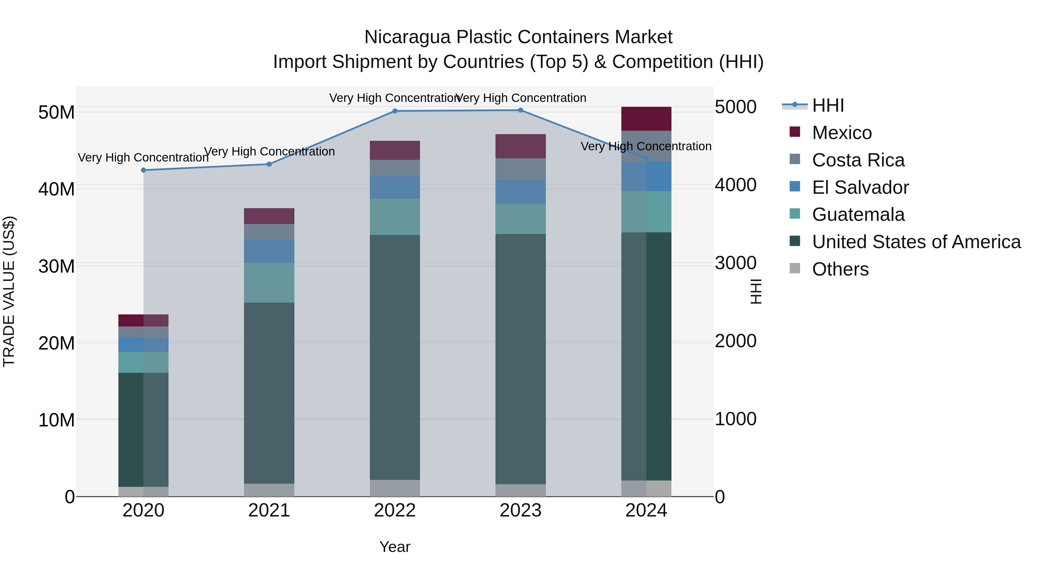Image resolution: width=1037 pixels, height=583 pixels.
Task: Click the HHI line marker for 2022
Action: click(395, 111)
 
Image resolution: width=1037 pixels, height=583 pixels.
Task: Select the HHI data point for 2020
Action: click(143, 170)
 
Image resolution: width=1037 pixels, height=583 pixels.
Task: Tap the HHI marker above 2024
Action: click(646, 159)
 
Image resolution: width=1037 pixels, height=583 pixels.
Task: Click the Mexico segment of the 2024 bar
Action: click(646, 119)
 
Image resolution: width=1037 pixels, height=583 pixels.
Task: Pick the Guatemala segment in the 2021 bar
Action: click(269, 282)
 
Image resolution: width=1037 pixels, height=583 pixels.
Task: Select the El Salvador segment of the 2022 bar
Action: click(395, 187)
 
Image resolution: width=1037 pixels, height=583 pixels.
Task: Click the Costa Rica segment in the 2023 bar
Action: click(520, 169)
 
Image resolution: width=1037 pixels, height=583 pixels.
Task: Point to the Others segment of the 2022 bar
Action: click(395, 488)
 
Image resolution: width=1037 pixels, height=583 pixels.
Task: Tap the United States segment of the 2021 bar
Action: click(269, 393)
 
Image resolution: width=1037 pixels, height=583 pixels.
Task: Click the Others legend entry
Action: click(840, 269)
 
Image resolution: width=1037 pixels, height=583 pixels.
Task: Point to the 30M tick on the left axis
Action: click(56, 266)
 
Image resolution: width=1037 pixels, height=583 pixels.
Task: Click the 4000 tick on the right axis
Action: click(735, 185)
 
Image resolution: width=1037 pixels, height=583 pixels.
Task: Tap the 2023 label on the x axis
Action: click(520, 510)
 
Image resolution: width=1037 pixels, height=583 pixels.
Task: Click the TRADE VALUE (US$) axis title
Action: click(9, 291)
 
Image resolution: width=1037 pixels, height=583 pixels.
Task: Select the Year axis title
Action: click(395, 547)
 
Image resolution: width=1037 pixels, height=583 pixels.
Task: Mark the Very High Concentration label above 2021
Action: click(269, 152)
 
